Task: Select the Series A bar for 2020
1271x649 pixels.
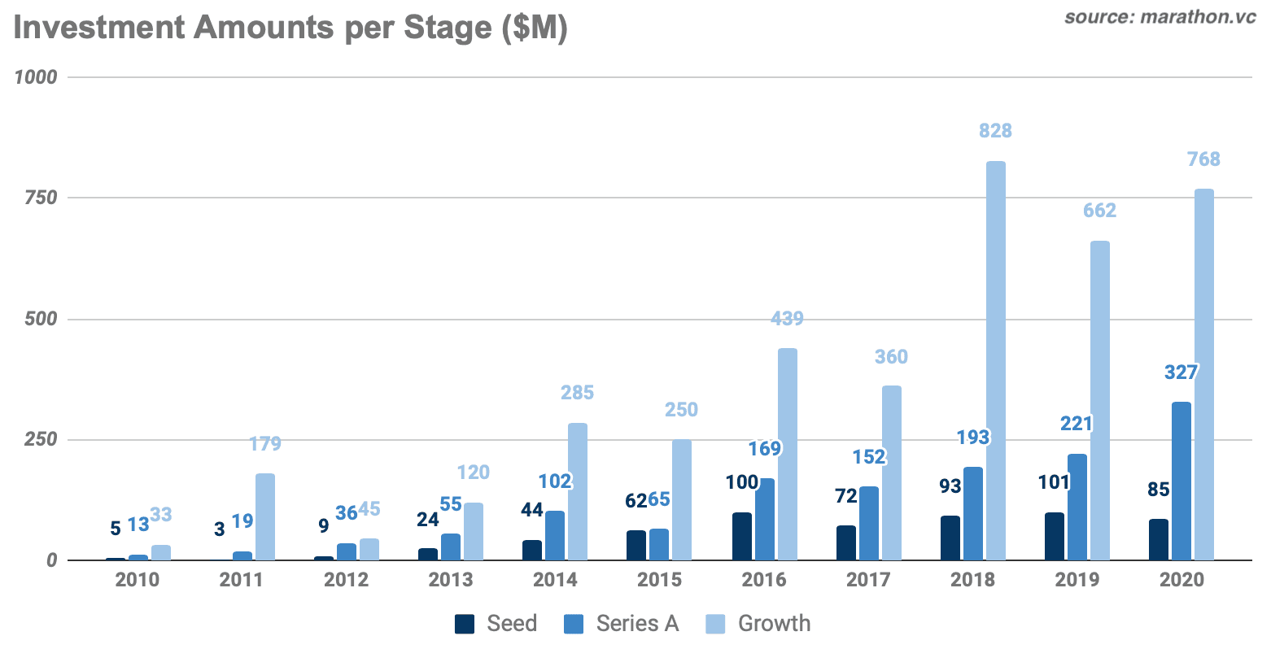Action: (x=1181, y=481)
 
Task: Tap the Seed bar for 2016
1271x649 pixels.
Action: (x=741, y=536)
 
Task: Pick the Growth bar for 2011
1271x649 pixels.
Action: (x=265, y=516)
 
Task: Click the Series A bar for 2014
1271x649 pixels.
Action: (x=555, y=535)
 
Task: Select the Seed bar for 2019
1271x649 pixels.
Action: (x=1054, y=536)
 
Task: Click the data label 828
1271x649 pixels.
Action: (x=995, y=131)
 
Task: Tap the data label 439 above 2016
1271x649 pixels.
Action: (x=787, y=319)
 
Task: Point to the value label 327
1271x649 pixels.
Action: (x=1181, y=372)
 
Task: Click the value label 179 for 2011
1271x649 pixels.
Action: (x=265, y=444)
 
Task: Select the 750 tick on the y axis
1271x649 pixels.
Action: (x=41, y=198)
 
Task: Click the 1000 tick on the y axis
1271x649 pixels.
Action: (x=37, y=77)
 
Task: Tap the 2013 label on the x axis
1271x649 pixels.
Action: (x=450, y=581)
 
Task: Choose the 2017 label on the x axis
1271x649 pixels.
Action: (x=868, y=581)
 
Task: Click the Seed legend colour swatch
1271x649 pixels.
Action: (x=465, y=624)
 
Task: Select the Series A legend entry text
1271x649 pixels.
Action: (x=637, y=624)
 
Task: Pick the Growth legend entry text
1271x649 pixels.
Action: (x=774, y=624)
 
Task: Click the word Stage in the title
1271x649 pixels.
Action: (x=448, y=28)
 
